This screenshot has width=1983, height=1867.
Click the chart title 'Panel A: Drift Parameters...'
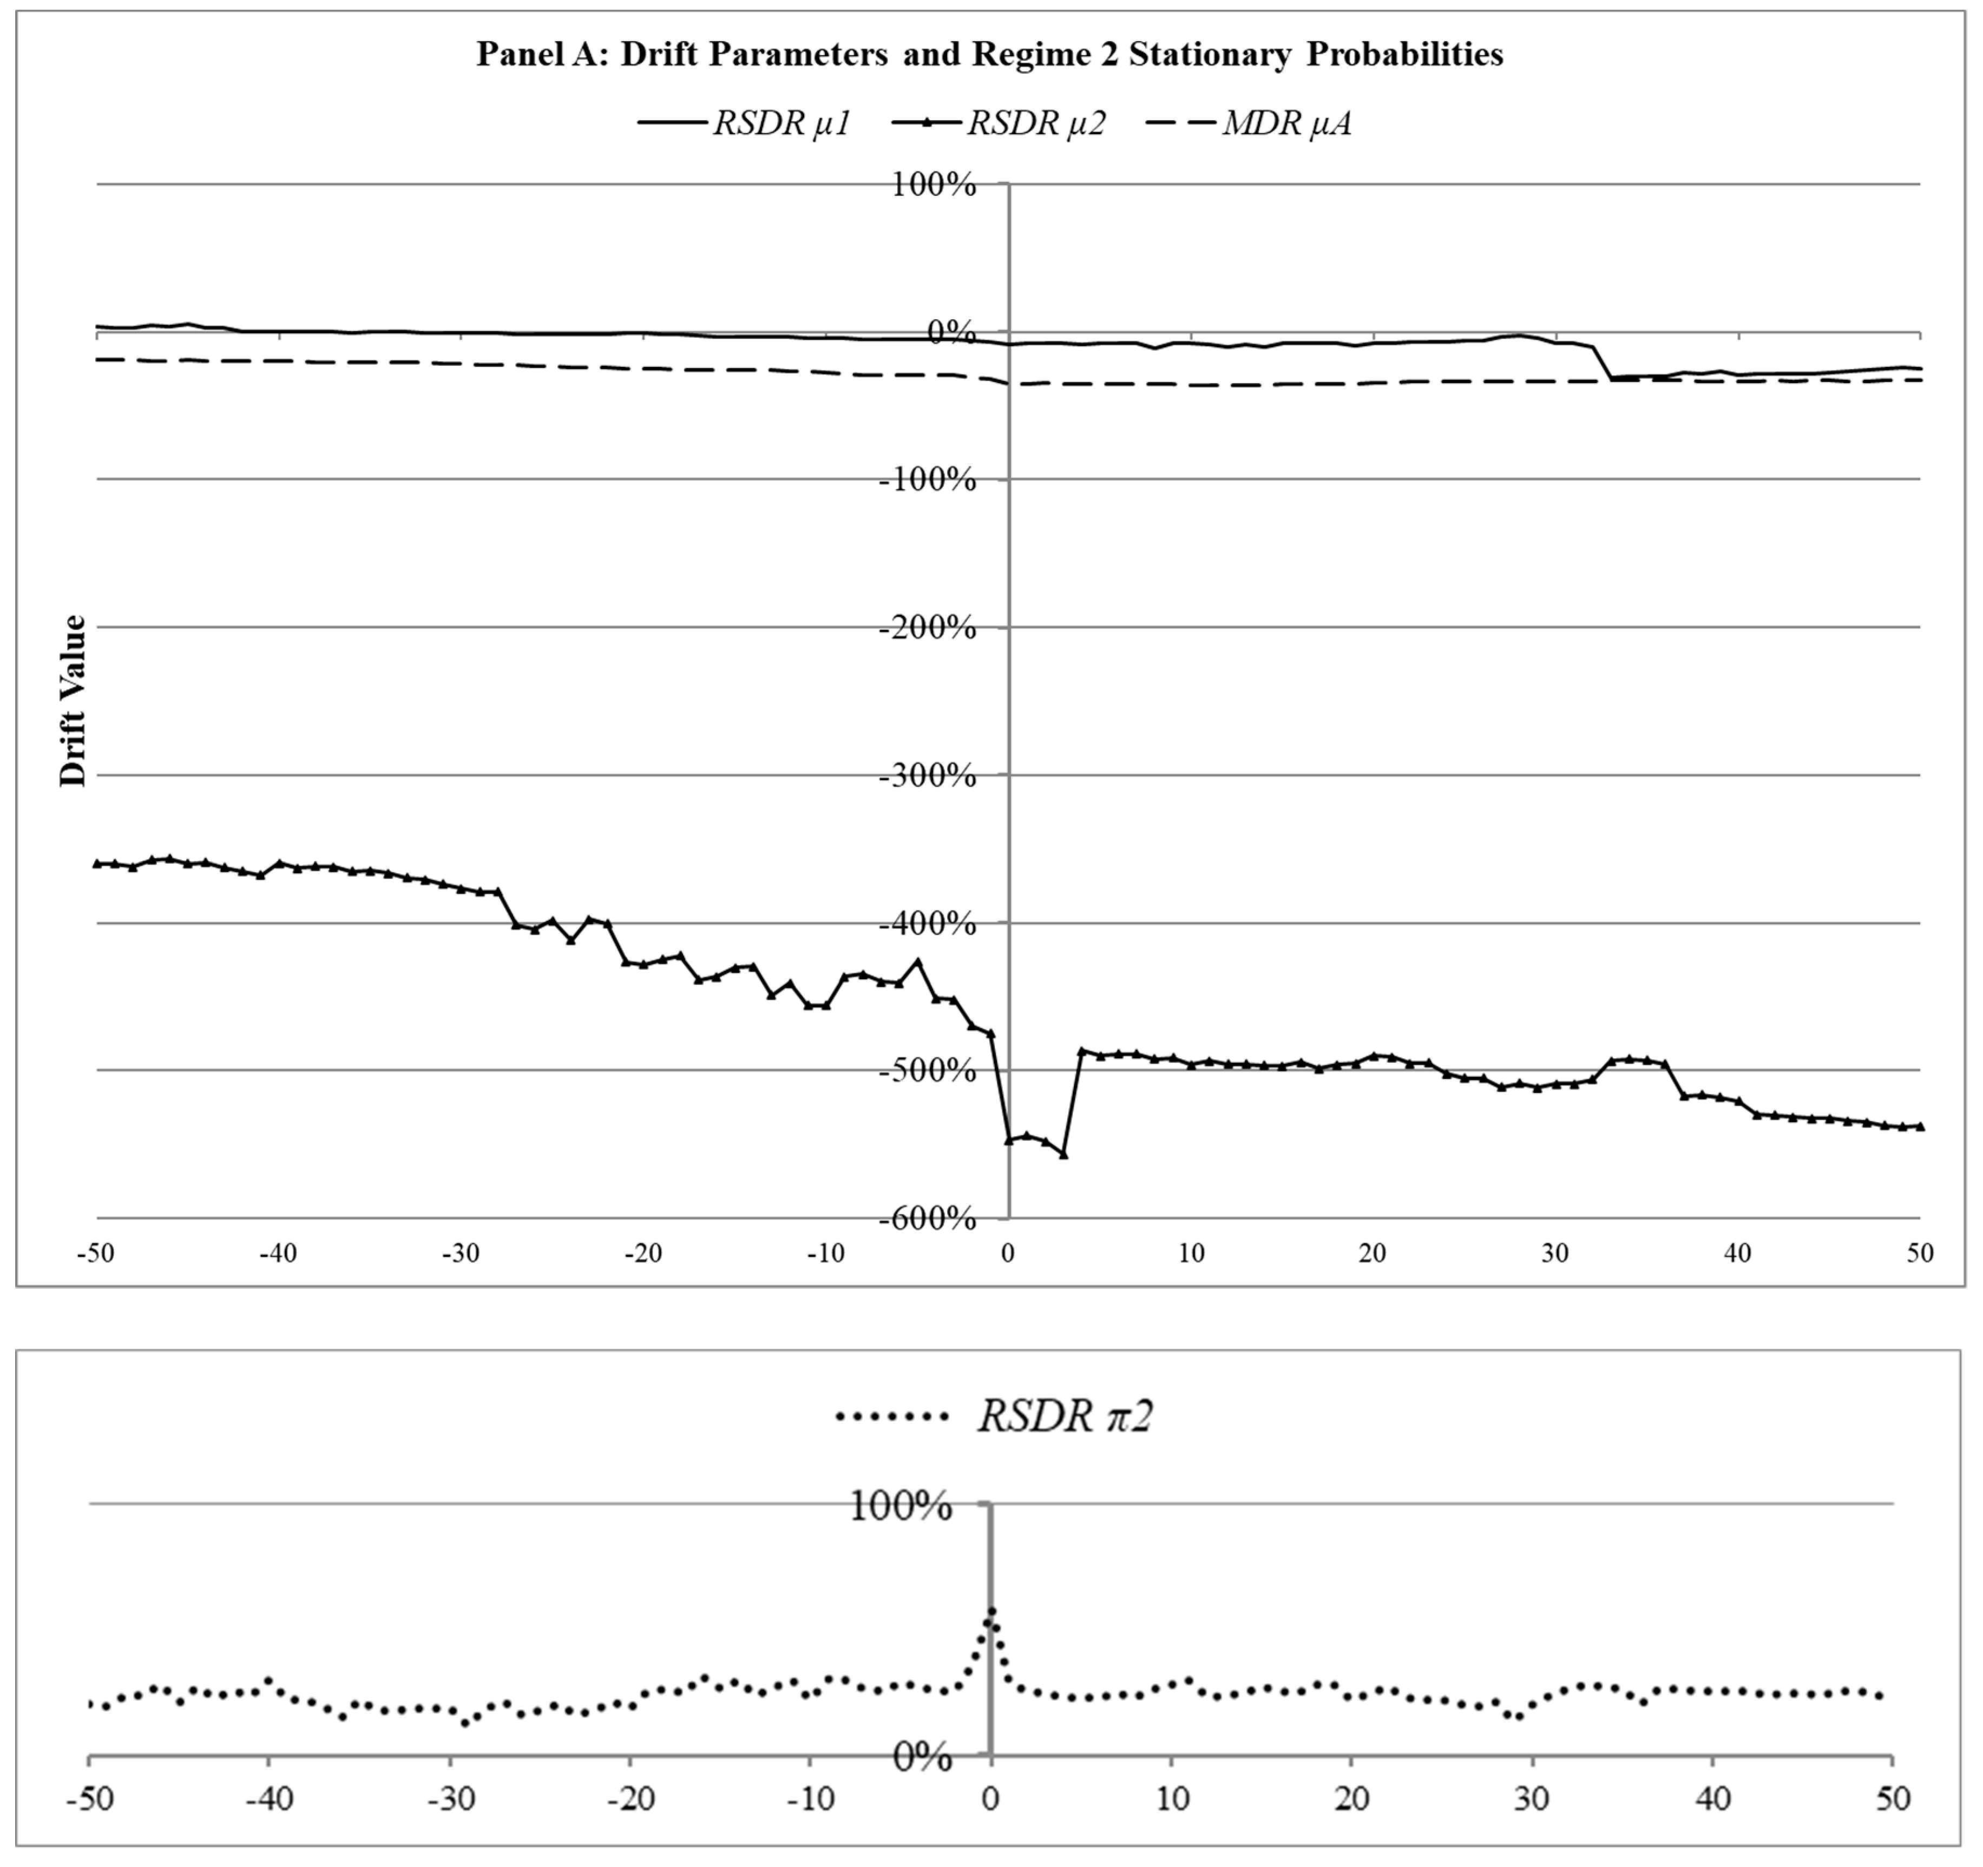point(989,54)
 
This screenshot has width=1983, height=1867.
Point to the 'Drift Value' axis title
point(74,701)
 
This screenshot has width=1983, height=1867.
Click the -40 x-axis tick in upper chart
point(278,1254)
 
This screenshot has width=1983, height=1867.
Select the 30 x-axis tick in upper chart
point(1555,1254)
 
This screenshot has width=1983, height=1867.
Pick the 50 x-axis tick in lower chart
point(1892,1800)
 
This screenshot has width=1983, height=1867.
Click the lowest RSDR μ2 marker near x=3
point(1063,1154)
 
